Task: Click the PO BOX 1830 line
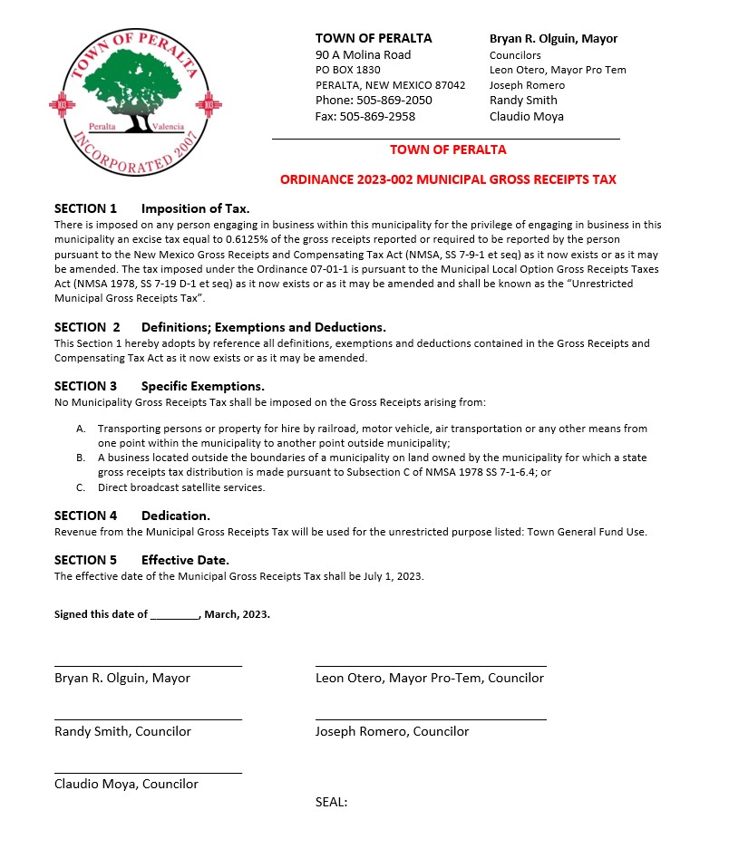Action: [x=348, y=70]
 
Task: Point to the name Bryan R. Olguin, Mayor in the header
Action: [x=553, y=39]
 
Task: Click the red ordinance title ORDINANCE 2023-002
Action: [x=448, y=179]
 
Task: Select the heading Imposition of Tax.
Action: [x=195, y=208]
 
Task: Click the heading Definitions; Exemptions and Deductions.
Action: [x=263, y=327]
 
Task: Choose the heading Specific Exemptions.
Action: [x=202, y=386]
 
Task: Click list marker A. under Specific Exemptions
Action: [x=82, y=429]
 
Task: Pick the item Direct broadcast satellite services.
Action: [x=181, y=487]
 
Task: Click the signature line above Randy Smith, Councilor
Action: [x=148, y=718]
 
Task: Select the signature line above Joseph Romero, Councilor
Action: [x=431, y=718]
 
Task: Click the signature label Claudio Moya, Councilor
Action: [x=126, y=785]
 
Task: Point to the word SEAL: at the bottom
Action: [x=331, y=802]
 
